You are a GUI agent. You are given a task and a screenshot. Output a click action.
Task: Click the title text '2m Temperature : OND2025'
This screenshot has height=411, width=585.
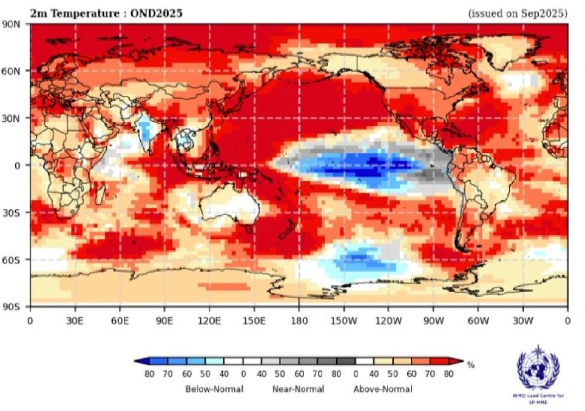tap(106, 12)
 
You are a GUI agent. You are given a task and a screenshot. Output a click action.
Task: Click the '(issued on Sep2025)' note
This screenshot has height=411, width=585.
tap(518, 13)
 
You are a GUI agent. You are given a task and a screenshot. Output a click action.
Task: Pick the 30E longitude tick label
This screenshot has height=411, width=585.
tap(74, 319)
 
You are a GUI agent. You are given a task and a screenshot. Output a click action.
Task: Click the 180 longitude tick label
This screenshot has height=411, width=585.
tap(299, 319)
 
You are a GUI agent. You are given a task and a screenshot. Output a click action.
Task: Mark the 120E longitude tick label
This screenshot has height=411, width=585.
tap(209, 319)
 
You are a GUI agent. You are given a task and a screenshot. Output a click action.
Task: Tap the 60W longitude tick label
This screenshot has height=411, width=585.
tap(478, 319)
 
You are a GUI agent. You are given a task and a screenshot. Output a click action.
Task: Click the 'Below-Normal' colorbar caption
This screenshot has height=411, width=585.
tap(214, 389)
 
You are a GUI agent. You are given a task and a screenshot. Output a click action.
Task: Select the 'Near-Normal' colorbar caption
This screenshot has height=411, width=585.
tap(298, 389)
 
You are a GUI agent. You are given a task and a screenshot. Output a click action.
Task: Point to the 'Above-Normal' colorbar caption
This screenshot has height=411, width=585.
tap(382, 389)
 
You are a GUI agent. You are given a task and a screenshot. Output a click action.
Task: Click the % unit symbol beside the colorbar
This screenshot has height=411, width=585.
tap(470, 365)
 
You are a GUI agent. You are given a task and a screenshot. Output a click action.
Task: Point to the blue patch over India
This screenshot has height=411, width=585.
tap(144, 129)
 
